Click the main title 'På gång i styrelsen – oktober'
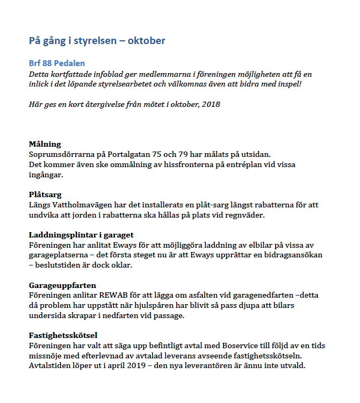point(97,41)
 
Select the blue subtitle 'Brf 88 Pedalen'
point(56,63)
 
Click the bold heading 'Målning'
point(45,144)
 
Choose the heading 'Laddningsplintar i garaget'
point(81,235)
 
